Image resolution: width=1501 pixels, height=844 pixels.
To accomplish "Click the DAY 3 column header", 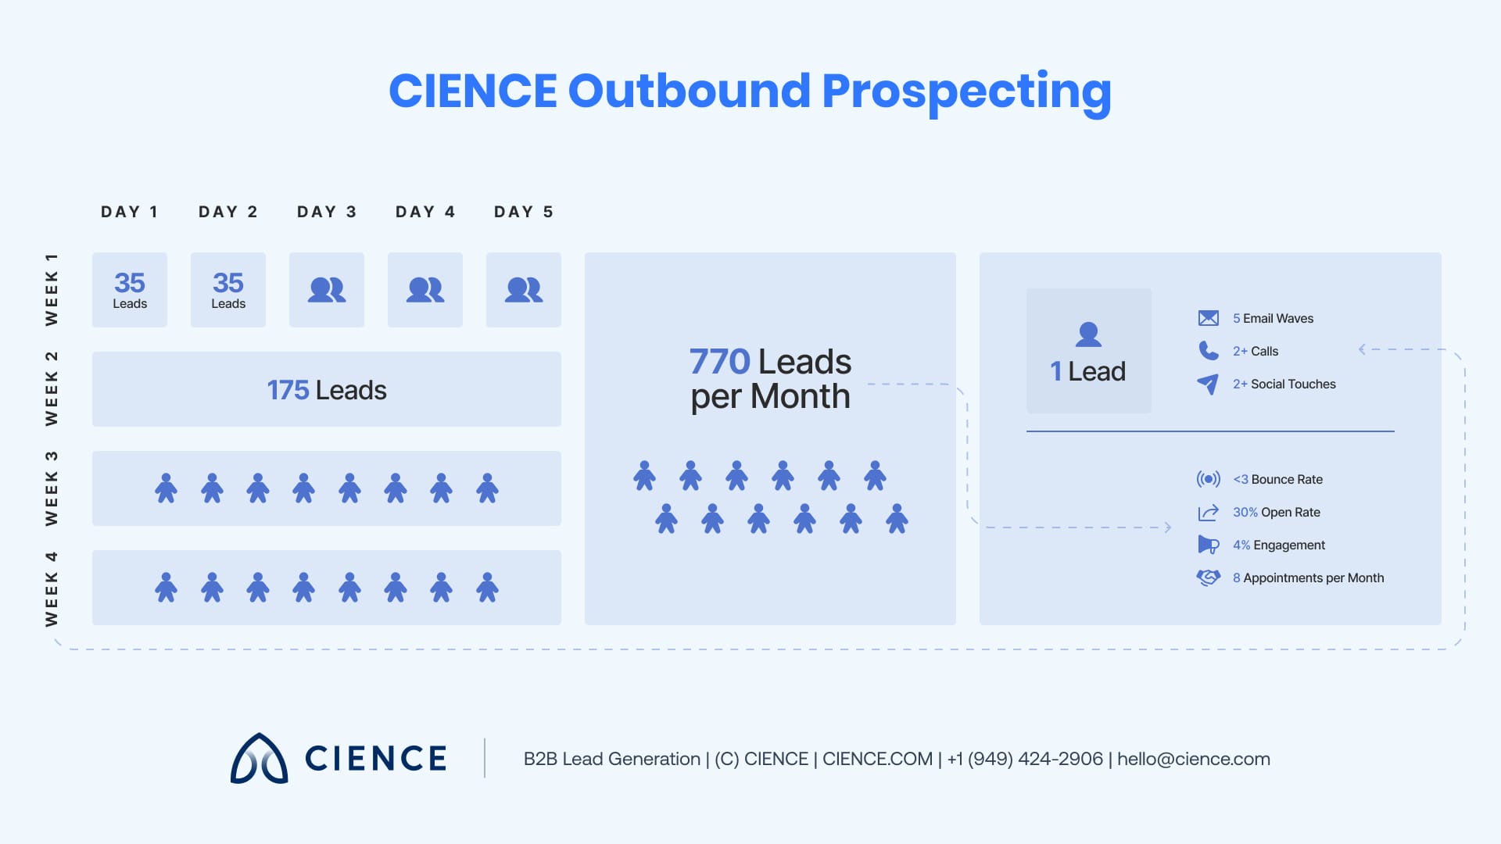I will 327,212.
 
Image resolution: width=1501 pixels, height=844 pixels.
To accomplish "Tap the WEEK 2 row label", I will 52,388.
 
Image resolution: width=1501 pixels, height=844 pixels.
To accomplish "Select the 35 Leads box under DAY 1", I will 130,290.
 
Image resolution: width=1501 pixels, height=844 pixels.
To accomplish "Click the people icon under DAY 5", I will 524,290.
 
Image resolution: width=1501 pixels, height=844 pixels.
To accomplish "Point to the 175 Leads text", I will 327,390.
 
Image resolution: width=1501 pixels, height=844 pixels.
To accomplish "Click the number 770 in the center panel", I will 719,362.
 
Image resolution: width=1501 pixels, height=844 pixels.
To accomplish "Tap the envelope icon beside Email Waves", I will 1208,318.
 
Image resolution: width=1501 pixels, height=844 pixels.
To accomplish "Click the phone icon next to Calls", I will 1208,351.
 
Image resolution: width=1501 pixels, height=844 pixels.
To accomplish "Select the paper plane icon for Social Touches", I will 1208,384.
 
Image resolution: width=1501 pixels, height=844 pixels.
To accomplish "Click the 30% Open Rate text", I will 1276,513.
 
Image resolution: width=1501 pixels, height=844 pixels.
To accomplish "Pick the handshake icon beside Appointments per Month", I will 1208,578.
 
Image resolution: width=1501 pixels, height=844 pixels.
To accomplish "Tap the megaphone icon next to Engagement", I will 1208,545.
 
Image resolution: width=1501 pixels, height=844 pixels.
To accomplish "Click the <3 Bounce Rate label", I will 1277,480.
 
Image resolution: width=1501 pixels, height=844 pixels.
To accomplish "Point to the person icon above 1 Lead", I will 1088,334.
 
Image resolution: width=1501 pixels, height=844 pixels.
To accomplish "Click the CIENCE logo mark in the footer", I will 259,759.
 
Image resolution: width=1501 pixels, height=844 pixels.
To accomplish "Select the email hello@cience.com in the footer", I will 1193,759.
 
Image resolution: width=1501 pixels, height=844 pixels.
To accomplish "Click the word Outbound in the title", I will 689,91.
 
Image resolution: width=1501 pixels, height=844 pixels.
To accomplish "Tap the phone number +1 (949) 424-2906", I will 1025,759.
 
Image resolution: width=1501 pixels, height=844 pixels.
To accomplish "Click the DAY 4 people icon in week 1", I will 425,290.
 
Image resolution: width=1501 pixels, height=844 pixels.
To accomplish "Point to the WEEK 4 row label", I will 52,588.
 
